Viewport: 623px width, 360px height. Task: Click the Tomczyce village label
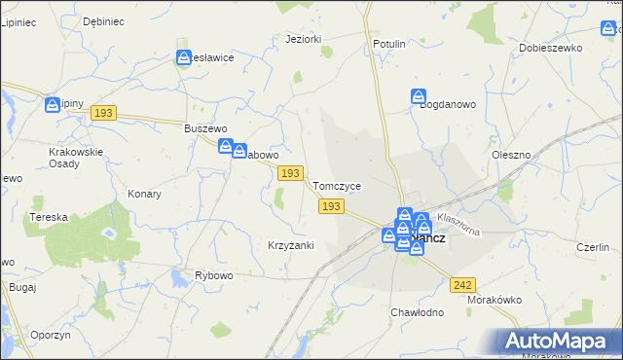[337, 186]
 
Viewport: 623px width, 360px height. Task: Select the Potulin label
[389, 45]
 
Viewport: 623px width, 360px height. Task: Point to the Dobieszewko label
[551, 47]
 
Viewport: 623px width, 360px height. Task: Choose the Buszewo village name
[205, 128]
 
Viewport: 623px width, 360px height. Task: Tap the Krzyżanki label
[290, 245]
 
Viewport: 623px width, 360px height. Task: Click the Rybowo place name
[214, 276]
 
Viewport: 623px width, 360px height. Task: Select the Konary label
[144, 194]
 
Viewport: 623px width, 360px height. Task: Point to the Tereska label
[48, 217]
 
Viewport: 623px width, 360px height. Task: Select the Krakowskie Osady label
[76, 158]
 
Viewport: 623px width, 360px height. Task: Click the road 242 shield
[463, 284]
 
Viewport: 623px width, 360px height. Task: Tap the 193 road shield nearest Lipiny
[104, 114]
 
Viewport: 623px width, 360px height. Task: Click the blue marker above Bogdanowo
[418, 97]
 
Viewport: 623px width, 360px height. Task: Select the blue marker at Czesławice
[184, 58]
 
